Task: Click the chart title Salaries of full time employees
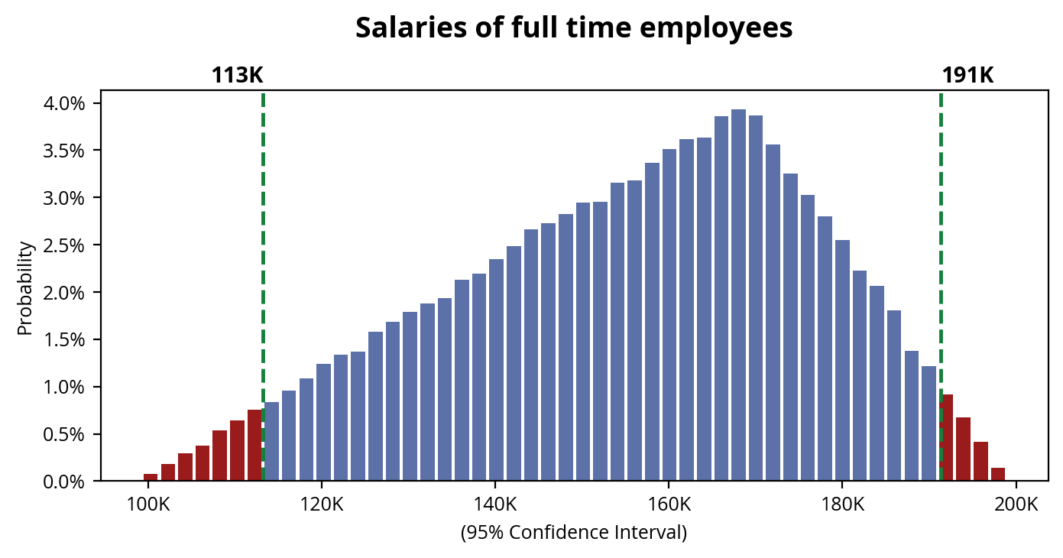pyautogui.click(x=574, y=28)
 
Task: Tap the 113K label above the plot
pyautogui.click(x=237, y=76)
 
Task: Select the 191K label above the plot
pyautogui.click(x=967, y=76)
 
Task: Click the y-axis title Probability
pyautogui.click(x=26, y=288)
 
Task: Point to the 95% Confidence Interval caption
pyautogui.click(x=574, y=533)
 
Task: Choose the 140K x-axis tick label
pyautogui.click(x=495, y=505)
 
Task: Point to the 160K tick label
pyautogui.click(x=669, y=505)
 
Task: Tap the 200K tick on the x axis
pyautogui.click(x=1016, y=505)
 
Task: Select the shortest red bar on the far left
pyautogui.click(x=151, y=478)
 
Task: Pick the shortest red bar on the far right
pyautogui.click(x=998, y=475)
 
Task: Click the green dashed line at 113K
pyautogui.click(x=263, y=229)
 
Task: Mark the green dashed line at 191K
pyautogui.click(x=941, y=229)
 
